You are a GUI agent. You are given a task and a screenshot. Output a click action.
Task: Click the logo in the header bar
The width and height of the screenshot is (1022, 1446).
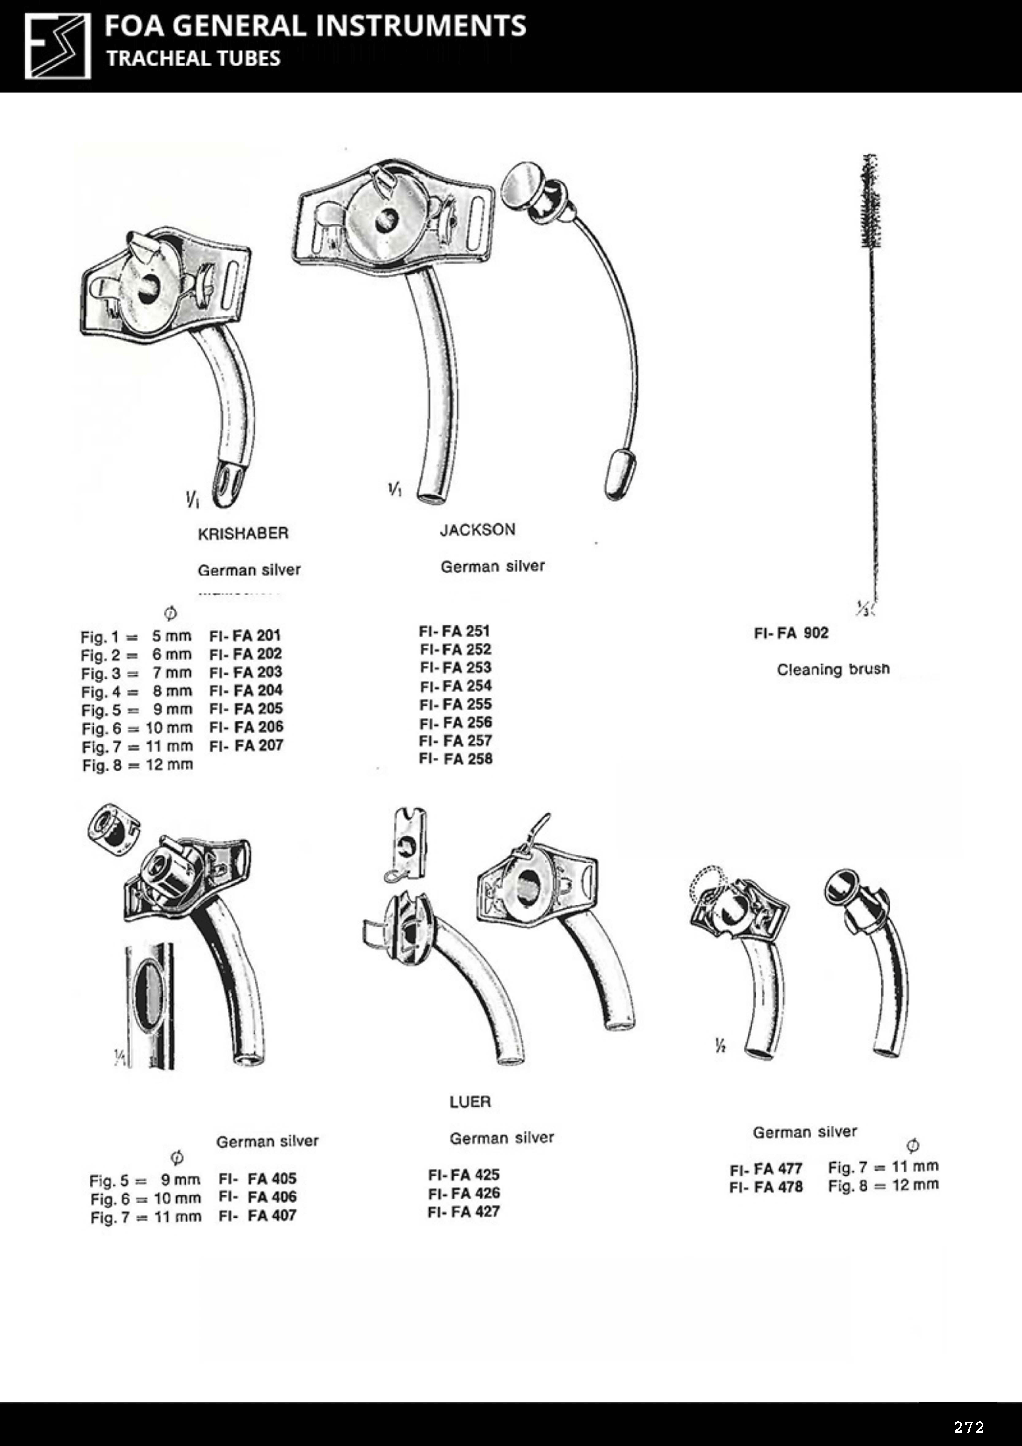click(57, 47)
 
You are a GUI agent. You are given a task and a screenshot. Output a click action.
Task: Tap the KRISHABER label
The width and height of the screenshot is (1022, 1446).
click(243, 534)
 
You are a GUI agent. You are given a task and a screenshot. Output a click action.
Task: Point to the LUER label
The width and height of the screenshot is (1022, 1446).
click(470, 1101)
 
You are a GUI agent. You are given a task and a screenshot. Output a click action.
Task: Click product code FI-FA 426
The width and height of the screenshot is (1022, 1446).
click(464, 1193)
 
